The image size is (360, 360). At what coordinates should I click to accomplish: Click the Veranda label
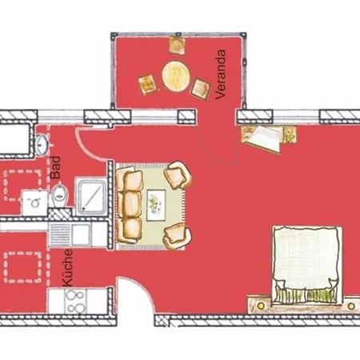pyautogui.click(x=220, y=74)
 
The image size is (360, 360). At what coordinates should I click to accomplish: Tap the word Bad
pyautogui.click(x=56, y=167)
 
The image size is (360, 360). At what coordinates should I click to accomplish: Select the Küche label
pyautogui.click(x=67, y=268)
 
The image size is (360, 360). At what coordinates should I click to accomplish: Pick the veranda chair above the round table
pyautogui.click(x=178, y=46)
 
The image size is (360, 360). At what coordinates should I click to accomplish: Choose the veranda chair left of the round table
pyautogui.click(x=147, y=84)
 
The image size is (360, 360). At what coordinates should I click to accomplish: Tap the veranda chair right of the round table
pyautogui.click(x=201, y=88)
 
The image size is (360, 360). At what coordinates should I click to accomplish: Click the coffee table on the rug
pyautogui.click(x=156, y=205)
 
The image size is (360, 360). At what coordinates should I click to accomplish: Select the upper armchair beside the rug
pyautogui.click(x=178, y=175)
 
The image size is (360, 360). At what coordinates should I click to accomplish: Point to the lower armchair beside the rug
pyautogui.click(x=178, y=236)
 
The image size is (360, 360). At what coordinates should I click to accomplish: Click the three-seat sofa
pyautogui.click(x=130, y=205)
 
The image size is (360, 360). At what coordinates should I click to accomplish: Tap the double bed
pyautogui.click(x=307, y=266)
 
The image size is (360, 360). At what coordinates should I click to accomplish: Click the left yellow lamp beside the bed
pyautogui.click(x=261, y=306)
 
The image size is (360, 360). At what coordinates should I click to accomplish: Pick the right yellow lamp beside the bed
pyautogui.click(x=351, y=306)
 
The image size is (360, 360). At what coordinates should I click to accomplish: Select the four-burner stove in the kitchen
pyautogui.click(x=75, y=302)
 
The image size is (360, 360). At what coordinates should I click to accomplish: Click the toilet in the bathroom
pyautogui.click(x=60, y=194)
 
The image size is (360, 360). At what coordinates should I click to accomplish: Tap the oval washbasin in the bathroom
pyautogui.click(x=42, y=144)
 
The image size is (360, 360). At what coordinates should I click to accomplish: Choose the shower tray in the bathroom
pyautogui.click(x=91, y=197)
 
